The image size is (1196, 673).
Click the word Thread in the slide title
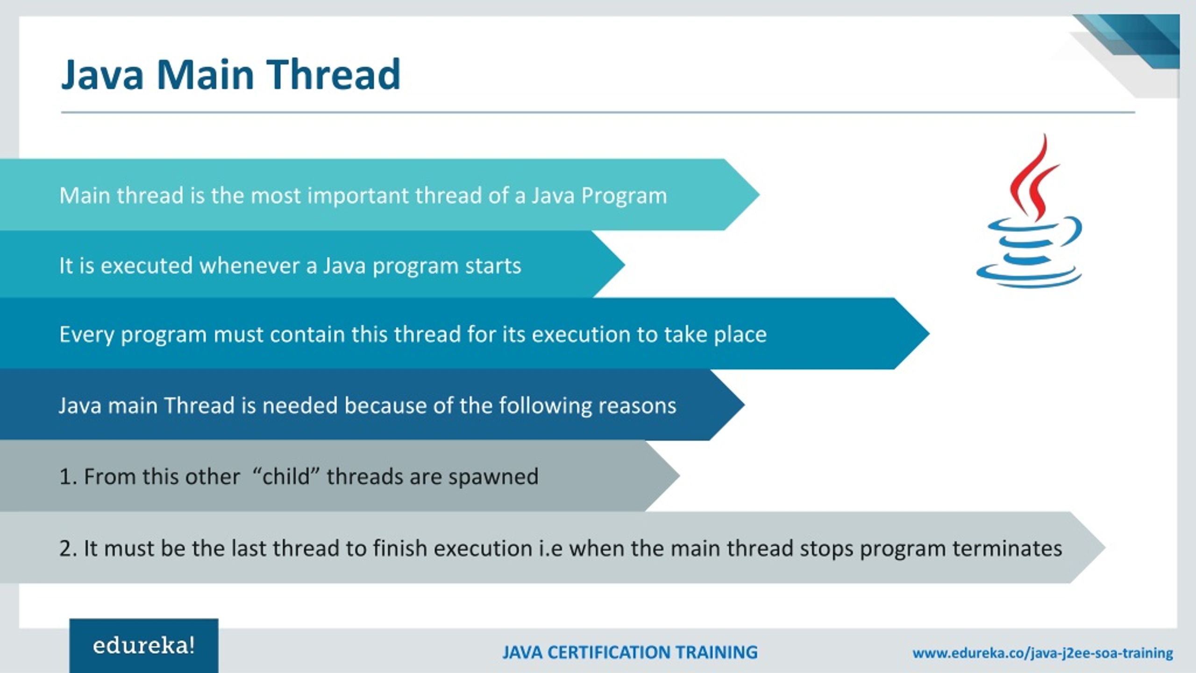pyautogui.click(x=333, y=75)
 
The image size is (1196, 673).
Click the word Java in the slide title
pyautogui.click(x=102, y=75)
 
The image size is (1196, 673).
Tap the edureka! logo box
pyautogui.click(x=143, y=646)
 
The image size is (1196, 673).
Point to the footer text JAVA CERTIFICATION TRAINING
pyautogui.click(x=630, y=652)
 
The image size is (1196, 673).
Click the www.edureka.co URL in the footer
pyautogui.click(x=1042, y=653)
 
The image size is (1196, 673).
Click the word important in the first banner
pyautogui.click(x=358, y=196)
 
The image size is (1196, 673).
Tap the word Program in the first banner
pyautogui.click(x=624, y=196)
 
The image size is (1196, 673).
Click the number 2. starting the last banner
pyautogui.click(x=68, y=549)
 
